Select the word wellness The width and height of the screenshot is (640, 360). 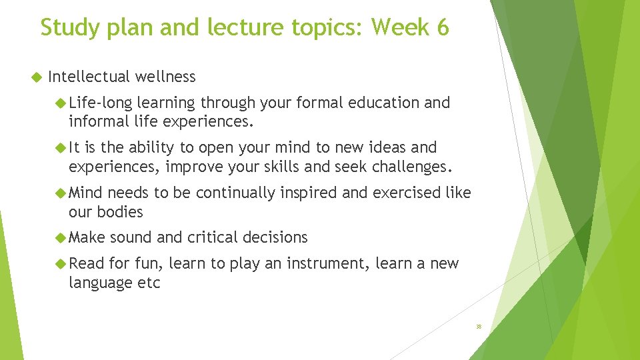pos(165,77)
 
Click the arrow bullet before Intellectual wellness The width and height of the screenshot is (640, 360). pos(36,77)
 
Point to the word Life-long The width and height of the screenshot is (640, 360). pos(100,103)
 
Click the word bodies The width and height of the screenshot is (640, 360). pos(119,212)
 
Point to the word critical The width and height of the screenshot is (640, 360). pos(212,237)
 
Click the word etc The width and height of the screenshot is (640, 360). pos(149,283)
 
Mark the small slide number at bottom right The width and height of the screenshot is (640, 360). pos(479,327)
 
